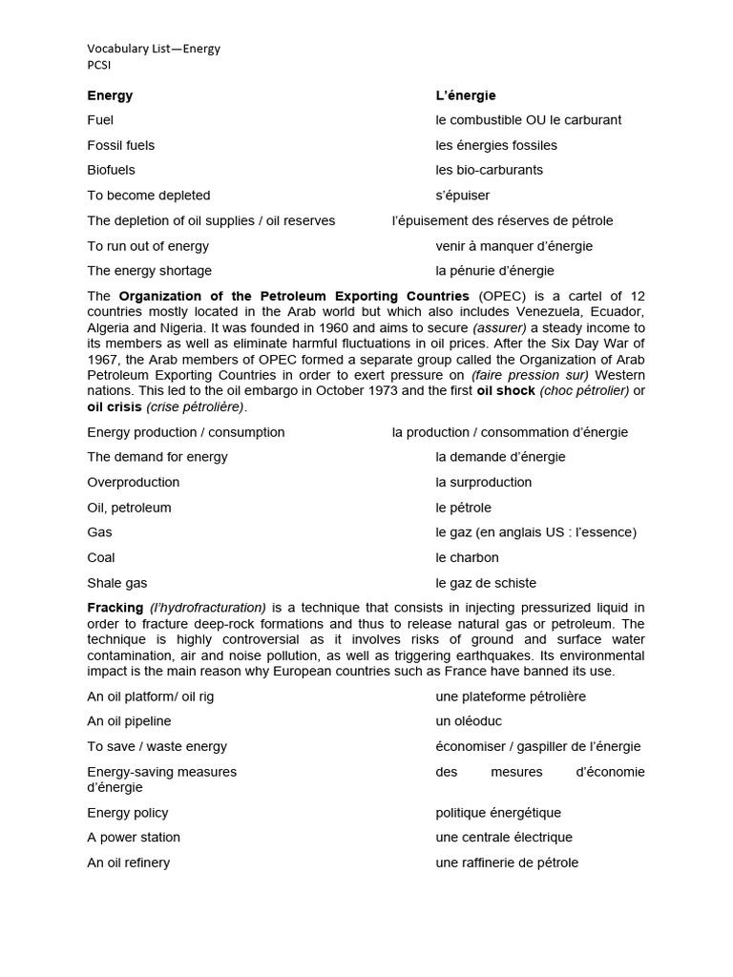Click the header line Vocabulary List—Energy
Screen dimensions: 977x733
(154, 49)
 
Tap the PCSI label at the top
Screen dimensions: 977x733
(99, 65)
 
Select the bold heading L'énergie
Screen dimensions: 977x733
(466, 95)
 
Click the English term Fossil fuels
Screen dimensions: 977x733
(121, 145)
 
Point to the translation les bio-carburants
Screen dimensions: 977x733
(489, 170)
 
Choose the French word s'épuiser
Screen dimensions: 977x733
(463, 196)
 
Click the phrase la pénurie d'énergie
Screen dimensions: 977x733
(494, 271)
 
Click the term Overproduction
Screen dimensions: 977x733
(134, 483)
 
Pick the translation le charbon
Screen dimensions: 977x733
(468, 557)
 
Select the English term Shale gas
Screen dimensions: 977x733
(117, 583)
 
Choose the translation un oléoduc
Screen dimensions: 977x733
(469, 721)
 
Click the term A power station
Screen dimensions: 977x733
(134, 838)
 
